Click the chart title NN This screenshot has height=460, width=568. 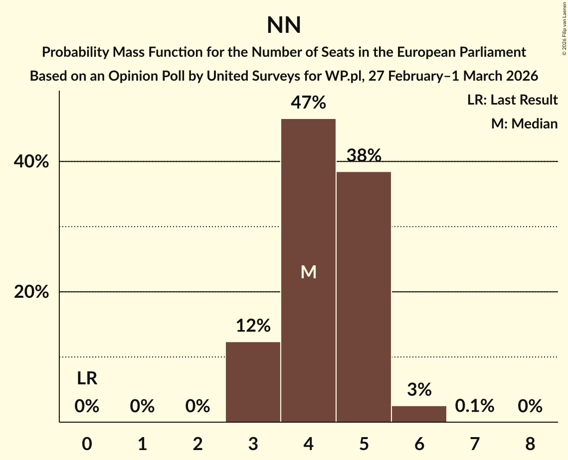click(284, 25)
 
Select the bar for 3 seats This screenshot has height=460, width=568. click(253, 382)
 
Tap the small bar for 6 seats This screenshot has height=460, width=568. click(419, 414)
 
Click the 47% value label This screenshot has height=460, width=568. click(309, 103)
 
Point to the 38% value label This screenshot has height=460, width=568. click(364, 156)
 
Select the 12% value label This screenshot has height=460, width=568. click(253, 326)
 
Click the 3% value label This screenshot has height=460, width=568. click(419, 390)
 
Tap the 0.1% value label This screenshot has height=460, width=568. click(474, 406)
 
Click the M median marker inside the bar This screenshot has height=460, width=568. click(309, 272)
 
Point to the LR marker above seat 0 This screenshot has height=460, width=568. click(87, 379)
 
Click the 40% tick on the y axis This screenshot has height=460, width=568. click(31, 162)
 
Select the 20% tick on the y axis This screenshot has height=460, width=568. click(31, 292)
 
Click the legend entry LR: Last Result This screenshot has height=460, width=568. click(512, 100)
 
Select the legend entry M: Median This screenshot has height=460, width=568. click(524, 123)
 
